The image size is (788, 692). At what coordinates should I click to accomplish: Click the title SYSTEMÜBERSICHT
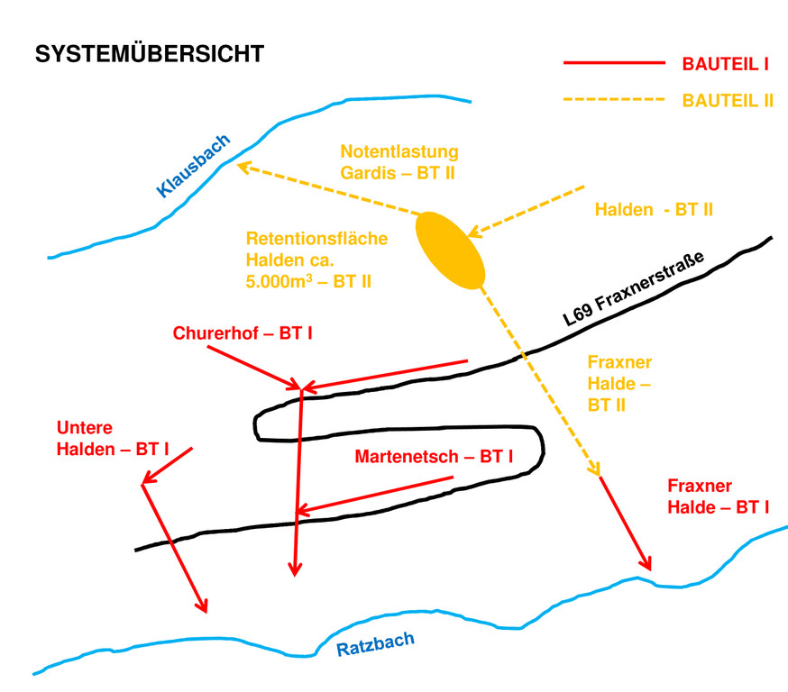[149, 54]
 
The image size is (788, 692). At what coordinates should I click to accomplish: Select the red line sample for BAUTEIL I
[612, 64]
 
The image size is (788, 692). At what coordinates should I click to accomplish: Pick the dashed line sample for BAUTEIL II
[612, 100]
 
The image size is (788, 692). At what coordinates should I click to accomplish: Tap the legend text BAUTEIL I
[725, 64]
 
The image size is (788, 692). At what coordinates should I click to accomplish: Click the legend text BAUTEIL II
[728, 100]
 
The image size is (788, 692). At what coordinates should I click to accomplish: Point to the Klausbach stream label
[194, 165]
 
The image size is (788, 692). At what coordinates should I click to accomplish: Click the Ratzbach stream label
[376, 644]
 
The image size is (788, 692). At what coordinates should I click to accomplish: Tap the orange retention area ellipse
[450, 250]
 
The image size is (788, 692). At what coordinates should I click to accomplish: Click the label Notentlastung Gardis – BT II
[399, 161]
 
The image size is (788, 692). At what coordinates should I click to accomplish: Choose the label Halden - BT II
[654, 210]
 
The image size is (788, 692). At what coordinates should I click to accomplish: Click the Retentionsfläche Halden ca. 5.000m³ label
[316, 260]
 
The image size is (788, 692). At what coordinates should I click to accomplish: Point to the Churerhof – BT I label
[243, 333]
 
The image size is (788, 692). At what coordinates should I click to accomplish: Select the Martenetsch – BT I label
[434, 457]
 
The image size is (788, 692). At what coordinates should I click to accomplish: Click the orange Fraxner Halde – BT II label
[619, 383]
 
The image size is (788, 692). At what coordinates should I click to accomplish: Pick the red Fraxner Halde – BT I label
[718, 495]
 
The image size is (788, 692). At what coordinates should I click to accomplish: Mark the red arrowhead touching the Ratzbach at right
[645, 564]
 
